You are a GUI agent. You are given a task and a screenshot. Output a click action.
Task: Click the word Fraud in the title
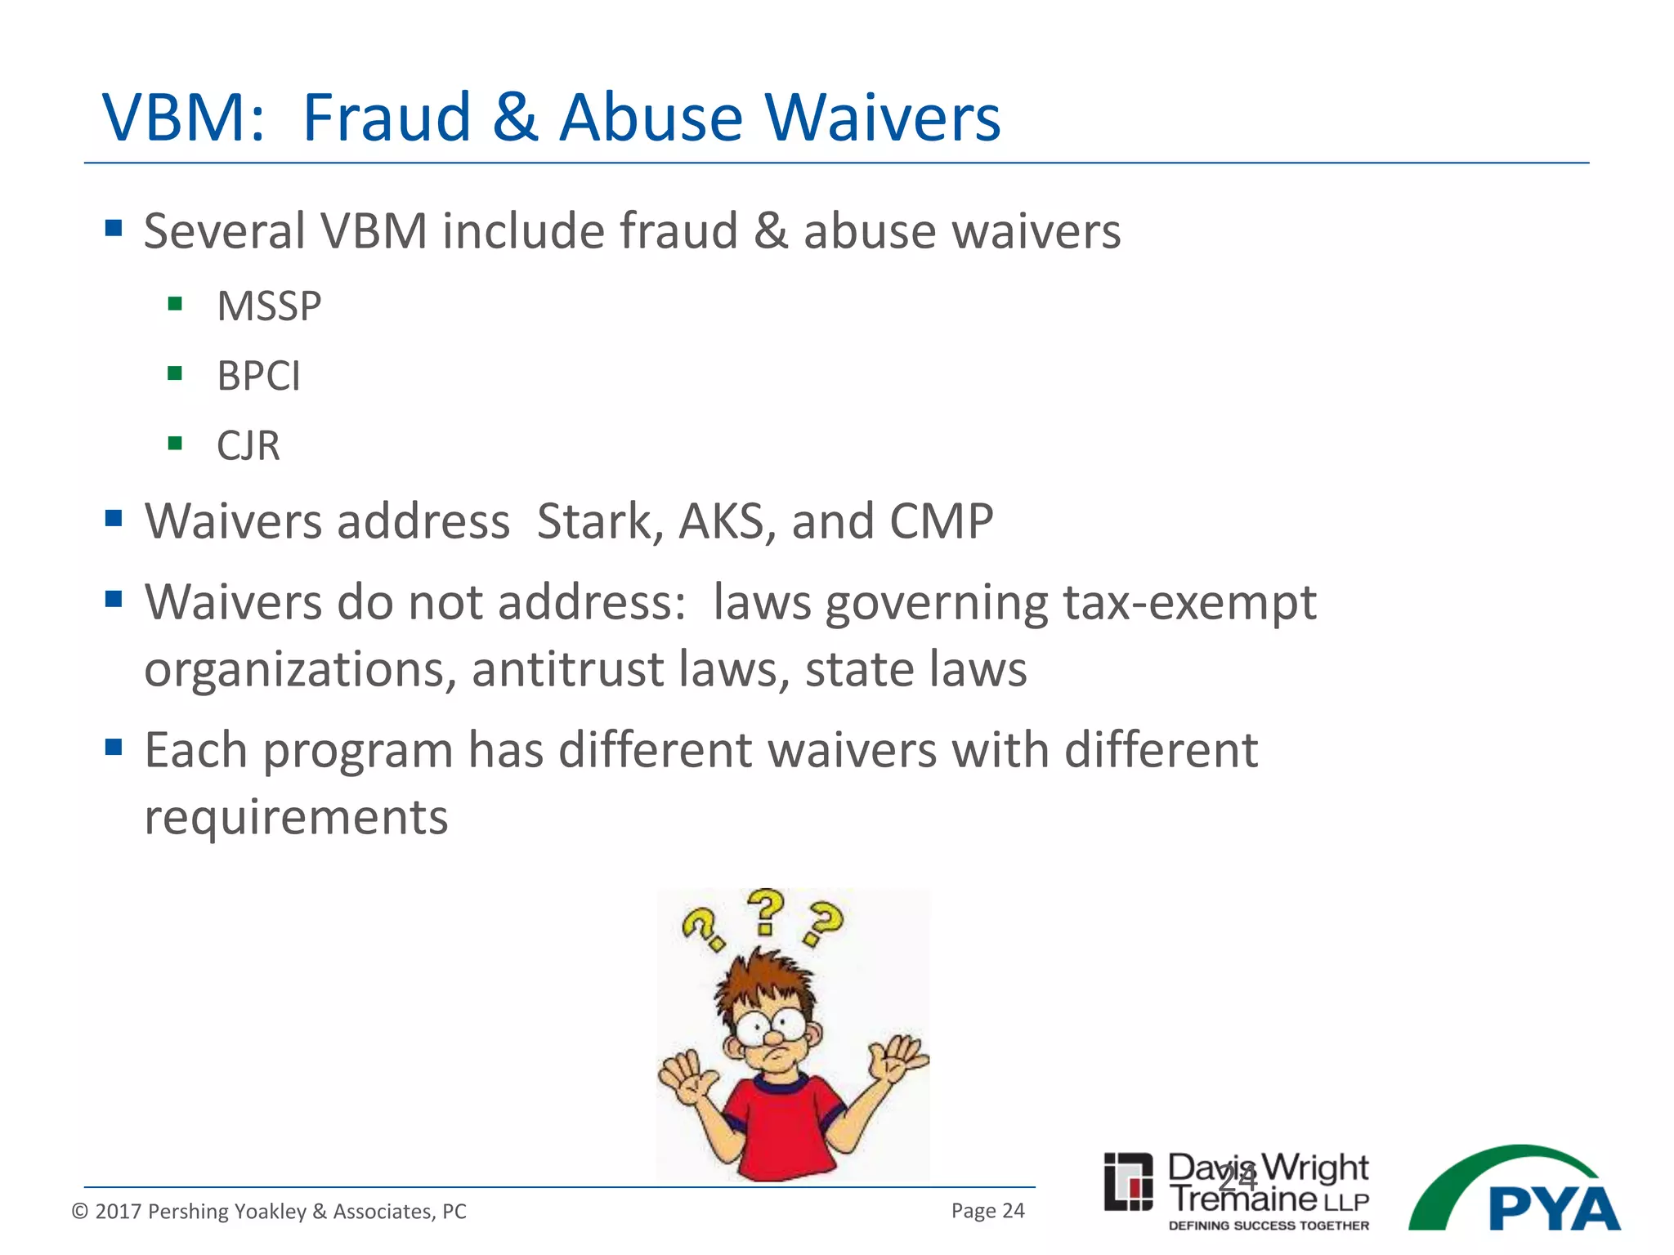tap(387, 118)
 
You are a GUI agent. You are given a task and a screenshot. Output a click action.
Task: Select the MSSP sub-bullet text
tap(269, 306)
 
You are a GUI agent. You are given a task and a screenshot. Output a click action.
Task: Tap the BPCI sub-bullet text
tap(258, 376)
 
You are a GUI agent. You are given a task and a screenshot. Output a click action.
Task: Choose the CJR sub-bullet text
tap(248, 446)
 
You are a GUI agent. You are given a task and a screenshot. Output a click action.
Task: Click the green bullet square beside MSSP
tap(174, 305)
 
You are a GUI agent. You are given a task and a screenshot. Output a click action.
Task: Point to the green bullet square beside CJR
tap(174, 444)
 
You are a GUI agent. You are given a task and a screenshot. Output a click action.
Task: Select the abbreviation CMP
tap(941, 521)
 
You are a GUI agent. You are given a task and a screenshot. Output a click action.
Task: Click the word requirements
tap(296, 817)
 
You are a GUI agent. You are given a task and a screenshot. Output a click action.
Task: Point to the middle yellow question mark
tap(766, 911)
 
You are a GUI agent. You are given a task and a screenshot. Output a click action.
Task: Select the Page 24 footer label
tap(987, 1211)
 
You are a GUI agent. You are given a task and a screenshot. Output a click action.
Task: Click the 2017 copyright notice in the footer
tap(269, 1211)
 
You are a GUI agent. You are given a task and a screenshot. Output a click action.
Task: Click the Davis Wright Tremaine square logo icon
tap(1128, 1181)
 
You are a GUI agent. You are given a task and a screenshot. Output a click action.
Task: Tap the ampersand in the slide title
tap(515, 118)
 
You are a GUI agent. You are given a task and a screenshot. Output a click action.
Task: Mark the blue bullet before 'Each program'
tap(114, 747)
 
